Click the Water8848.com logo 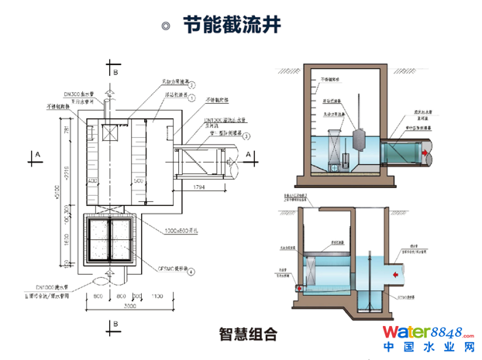(429, 333)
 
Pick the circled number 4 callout (191, 272)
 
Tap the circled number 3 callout (246, 136)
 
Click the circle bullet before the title (165, 25)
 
